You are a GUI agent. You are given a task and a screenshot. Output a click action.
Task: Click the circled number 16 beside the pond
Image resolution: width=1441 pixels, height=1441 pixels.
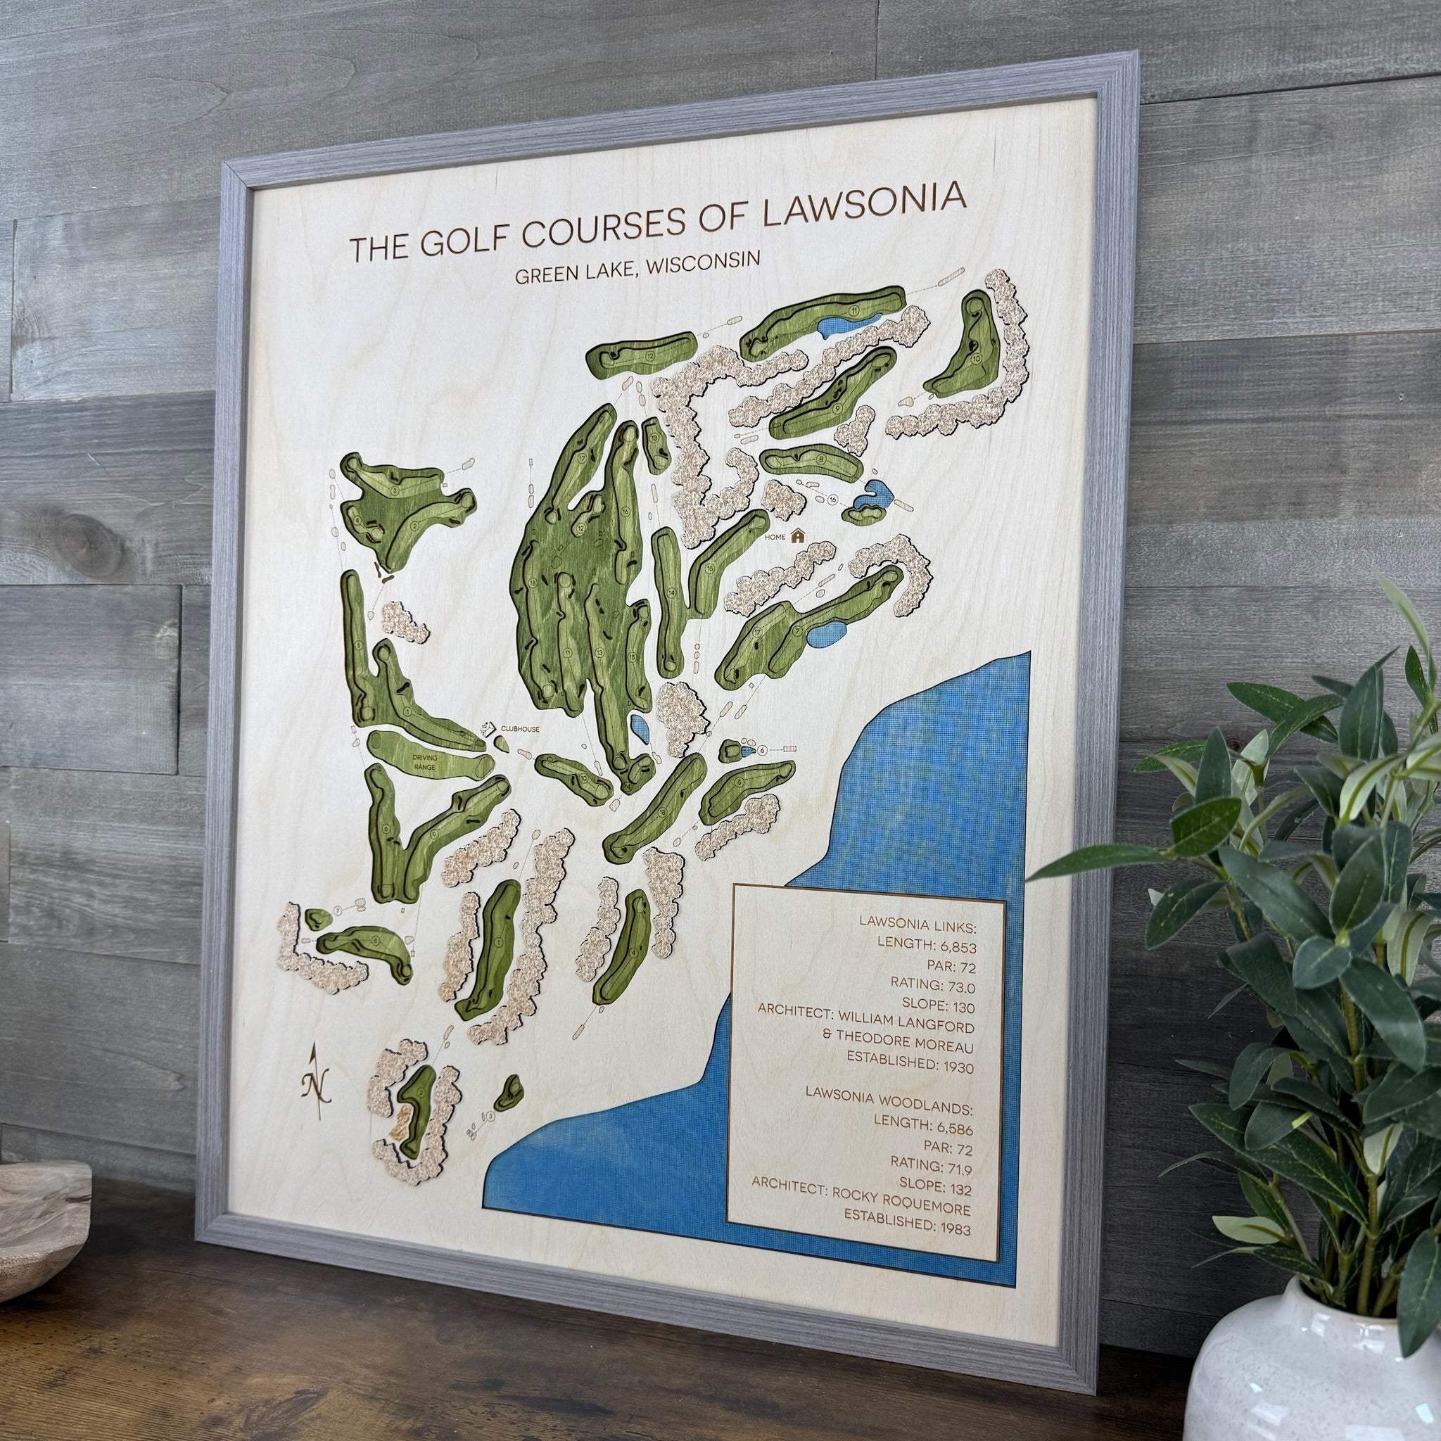point(834,500)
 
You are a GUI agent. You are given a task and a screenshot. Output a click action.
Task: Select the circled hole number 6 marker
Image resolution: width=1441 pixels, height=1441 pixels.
point(762,749)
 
